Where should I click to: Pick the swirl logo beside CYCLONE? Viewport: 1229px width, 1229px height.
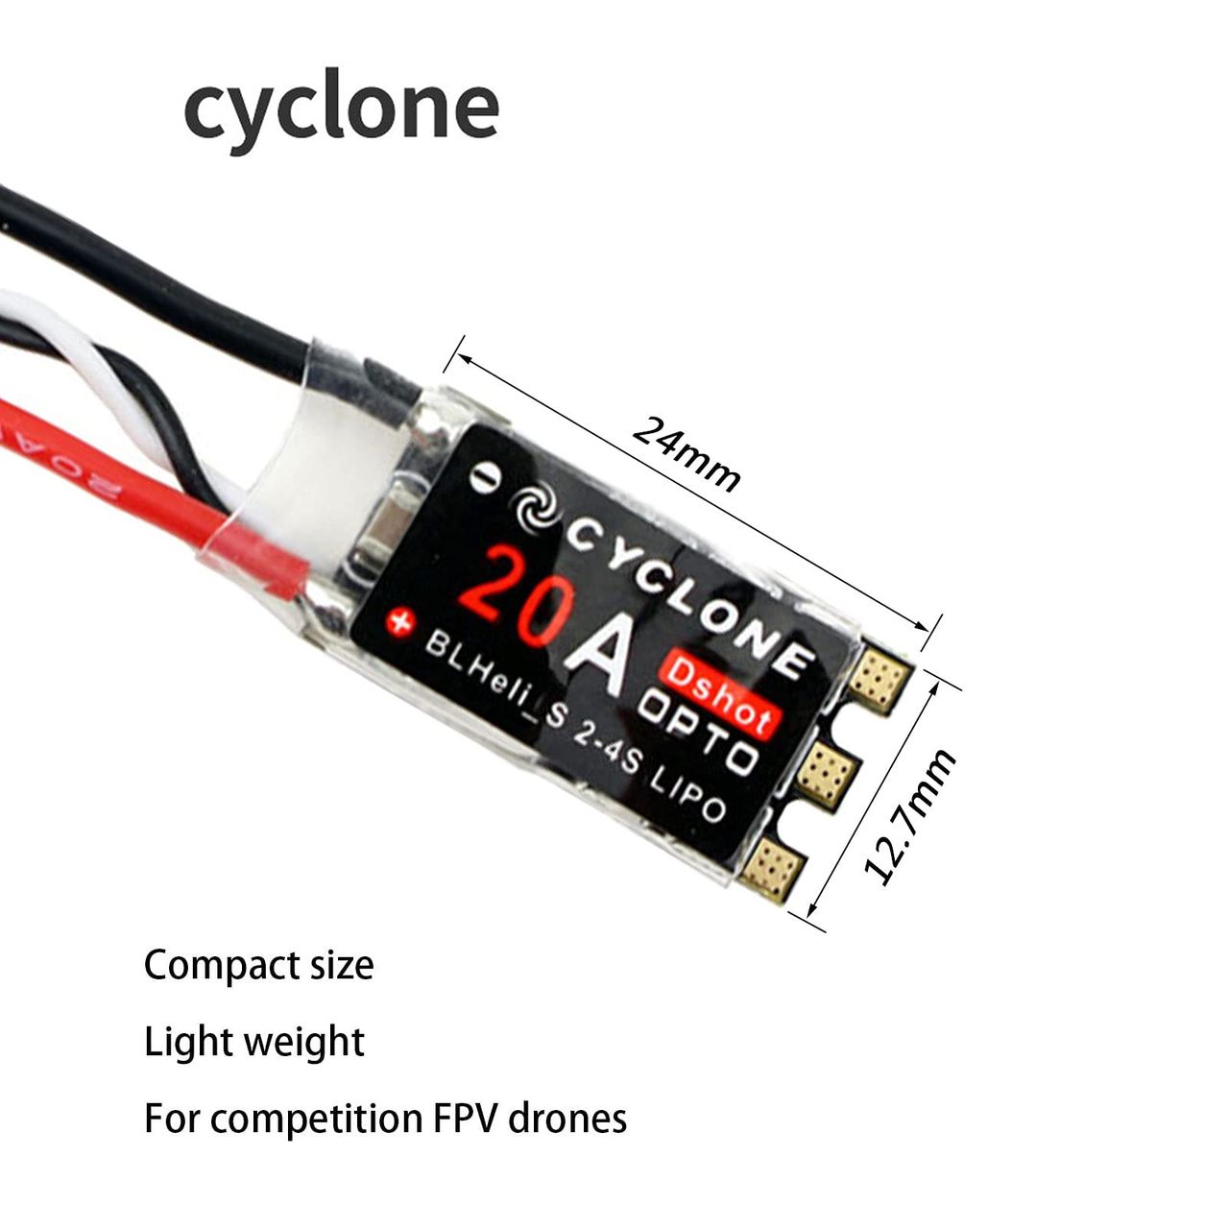tap(537, 510)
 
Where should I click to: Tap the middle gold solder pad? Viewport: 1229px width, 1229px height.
tap(828, 770)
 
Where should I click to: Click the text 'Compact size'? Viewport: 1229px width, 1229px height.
tap(258, 965)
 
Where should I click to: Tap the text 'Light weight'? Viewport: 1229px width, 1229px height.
tap(254, 1042)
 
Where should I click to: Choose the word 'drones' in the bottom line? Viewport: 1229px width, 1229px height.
tap(567, 1119)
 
